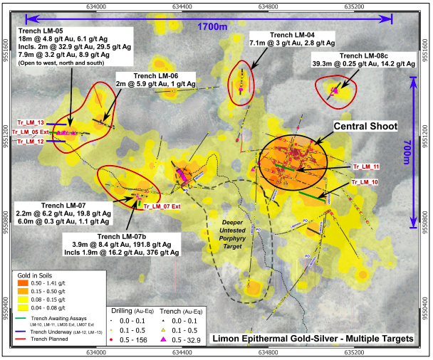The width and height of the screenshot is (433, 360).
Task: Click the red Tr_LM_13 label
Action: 31,122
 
